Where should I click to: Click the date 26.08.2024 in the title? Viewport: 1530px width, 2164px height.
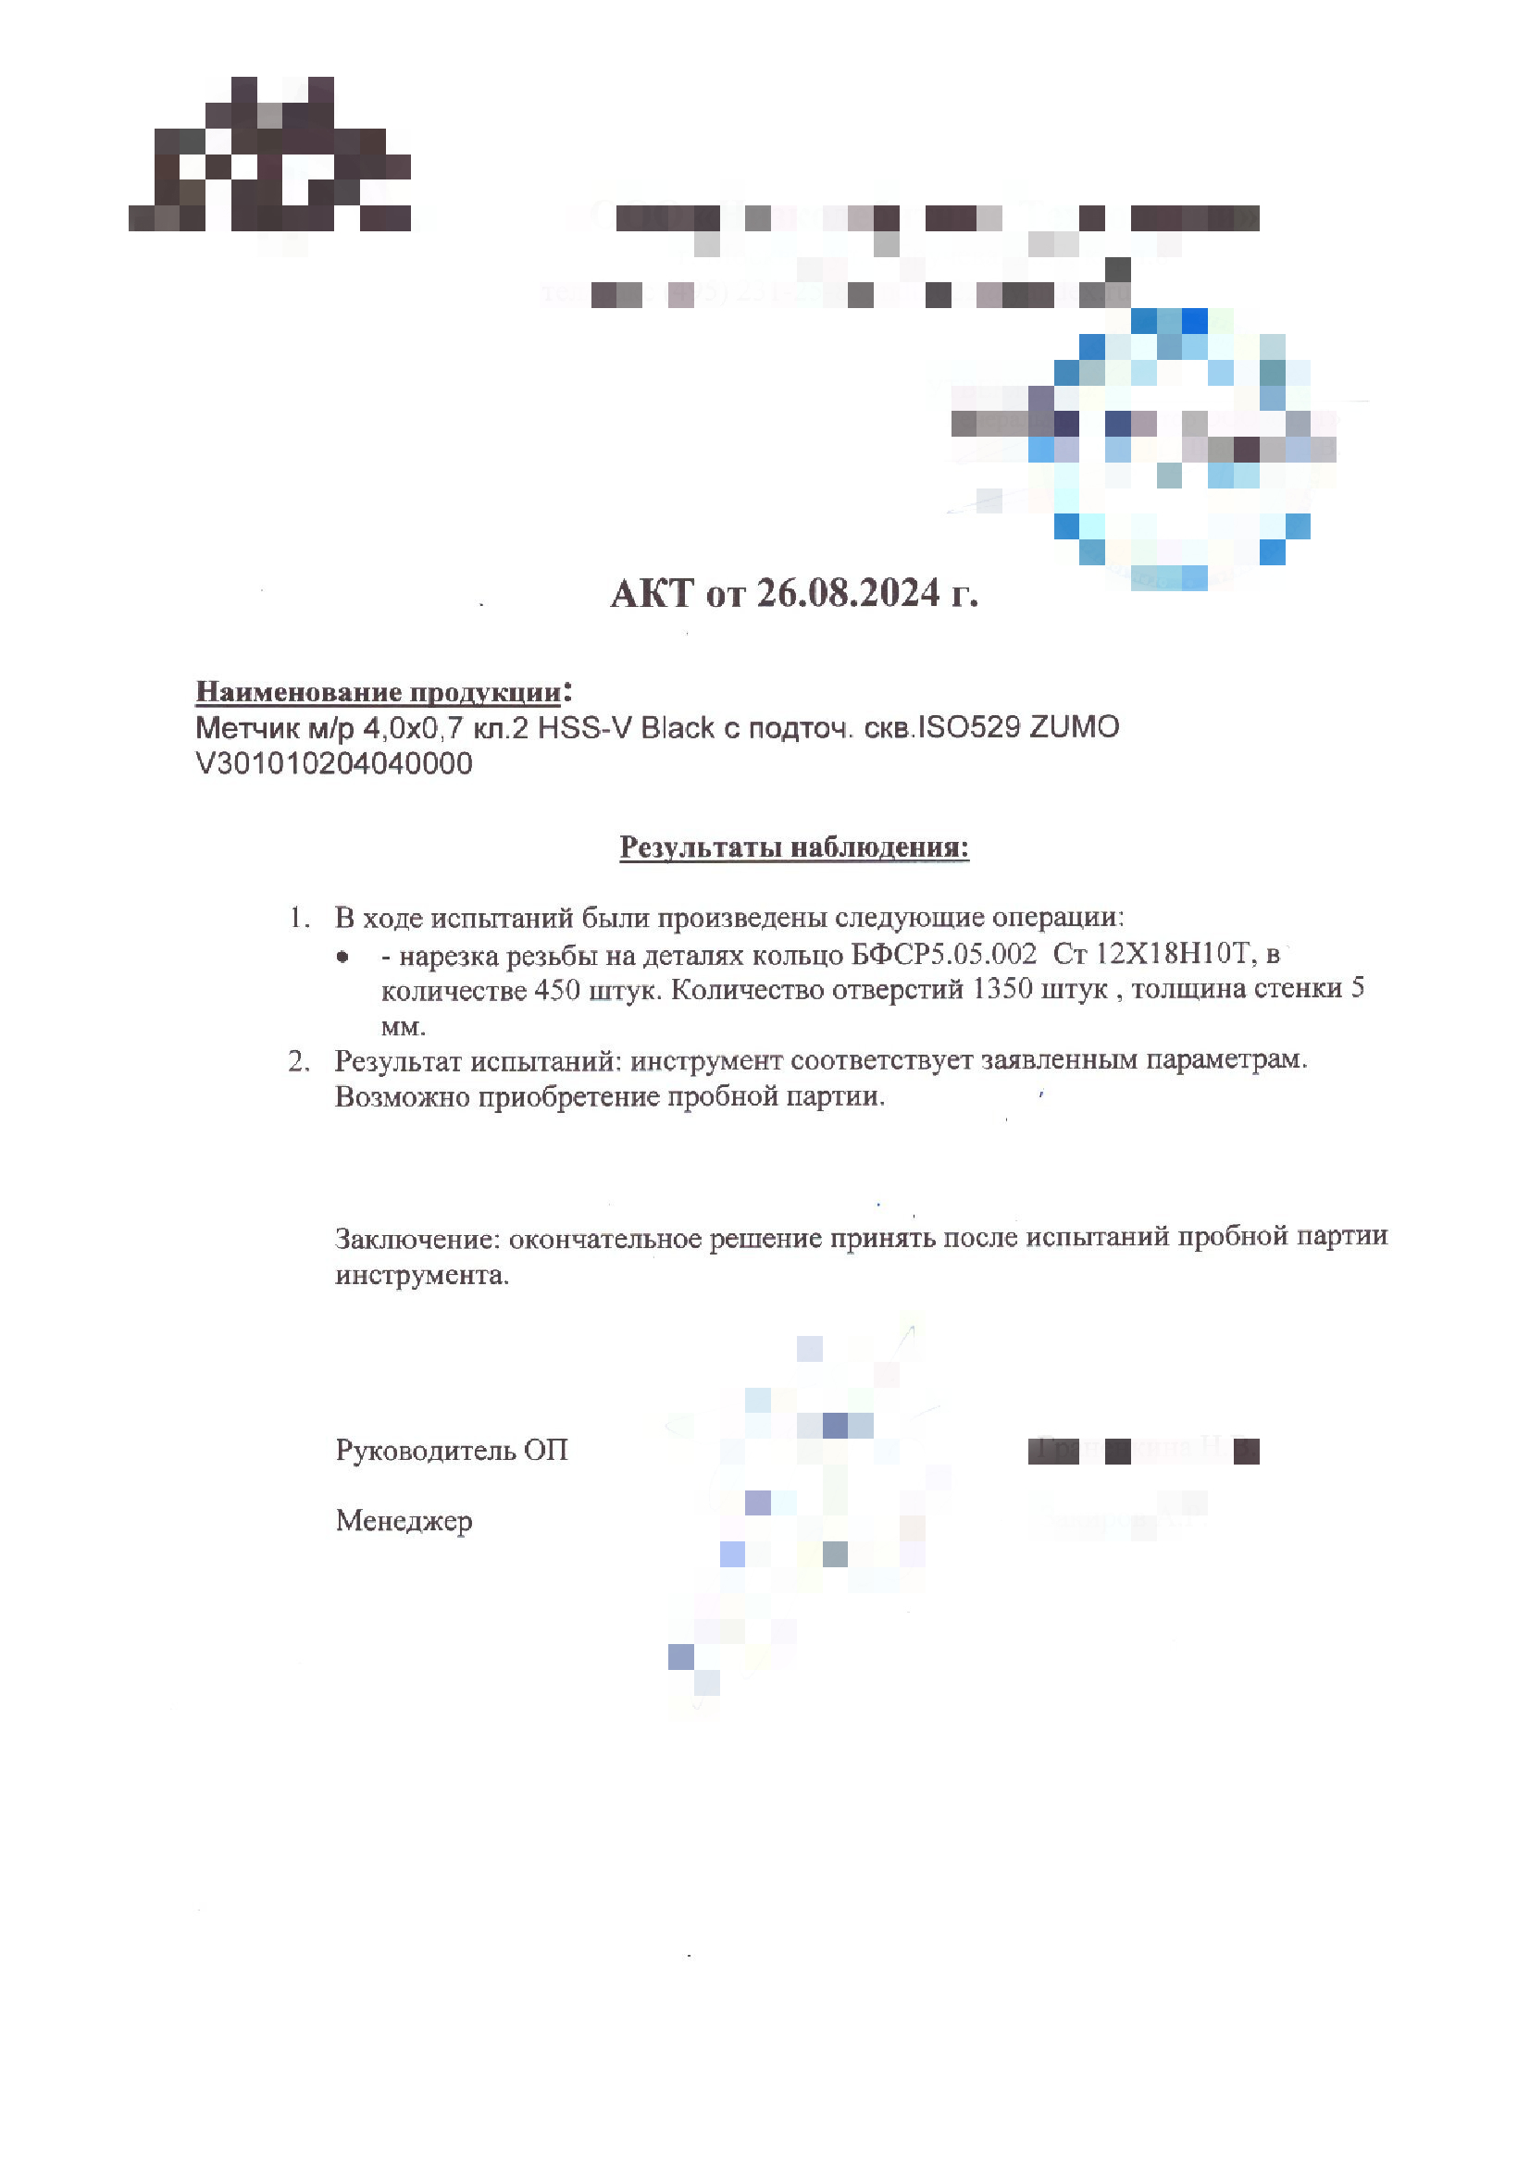848,594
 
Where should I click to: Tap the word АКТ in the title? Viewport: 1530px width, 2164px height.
652,594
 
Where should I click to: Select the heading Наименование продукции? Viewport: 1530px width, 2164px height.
378,693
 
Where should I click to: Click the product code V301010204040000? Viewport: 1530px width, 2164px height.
334,763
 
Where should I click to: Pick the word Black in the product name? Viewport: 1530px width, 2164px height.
676,727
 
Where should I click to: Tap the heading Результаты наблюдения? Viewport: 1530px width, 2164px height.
794,847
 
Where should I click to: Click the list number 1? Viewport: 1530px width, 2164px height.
299,918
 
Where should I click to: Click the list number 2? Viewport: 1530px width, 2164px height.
299,1062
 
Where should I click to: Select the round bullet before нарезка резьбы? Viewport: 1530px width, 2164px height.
342,958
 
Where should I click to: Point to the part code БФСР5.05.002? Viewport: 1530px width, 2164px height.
942,955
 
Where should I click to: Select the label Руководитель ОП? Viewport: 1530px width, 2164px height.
452,1451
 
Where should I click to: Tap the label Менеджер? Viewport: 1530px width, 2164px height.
404,1521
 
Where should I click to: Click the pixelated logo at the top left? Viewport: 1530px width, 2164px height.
269,155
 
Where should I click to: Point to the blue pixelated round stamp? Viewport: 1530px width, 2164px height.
1178,448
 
